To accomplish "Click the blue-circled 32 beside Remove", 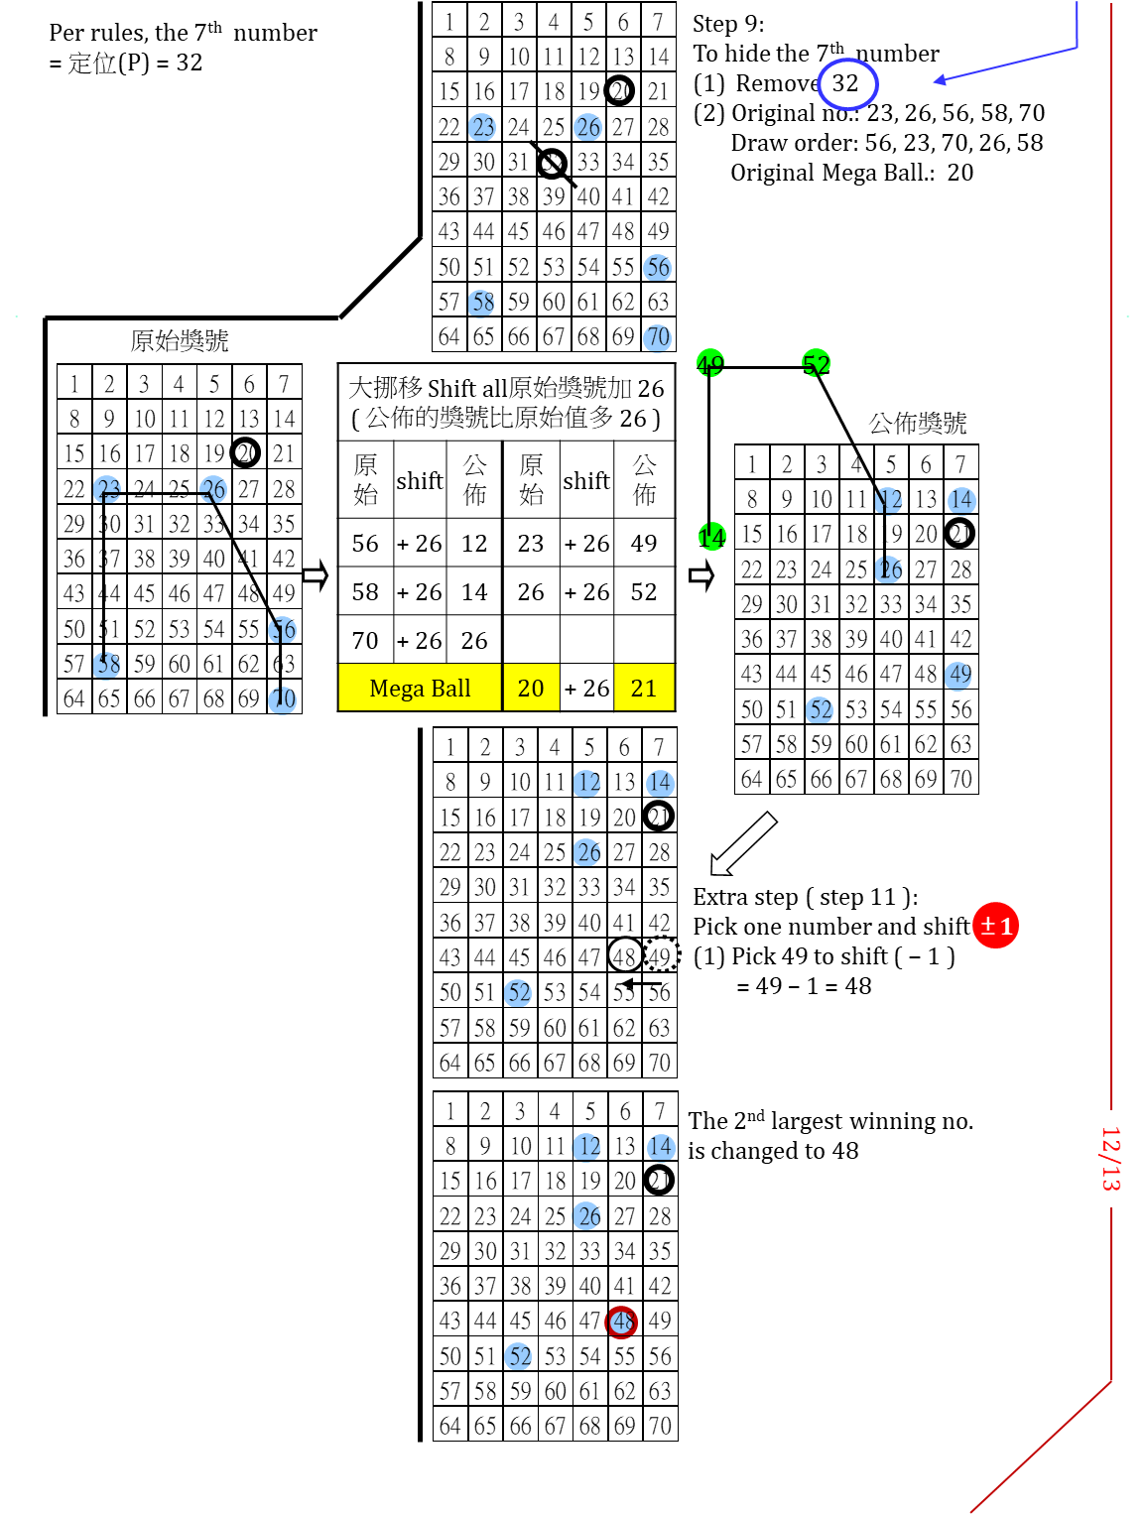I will [x=846, y=83].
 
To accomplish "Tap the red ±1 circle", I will [x=995, y=926].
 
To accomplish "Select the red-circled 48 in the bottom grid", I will [x=622, y=1322].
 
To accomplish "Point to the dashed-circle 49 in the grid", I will [x=661, y=956].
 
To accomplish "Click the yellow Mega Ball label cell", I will [x=420, y=689].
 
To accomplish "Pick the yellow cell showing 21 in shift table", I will [x=644, y=689].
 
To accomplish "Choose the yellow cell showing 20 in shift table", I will [x=531, y=689].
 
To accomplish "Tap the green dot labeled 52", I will [x=816, y=364].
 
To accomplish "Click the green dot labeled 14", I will [x=710, y=537].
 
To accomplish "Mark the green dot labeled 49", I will [x=709, y=364].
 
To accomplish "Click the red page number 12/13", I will [x=1110, y=1158].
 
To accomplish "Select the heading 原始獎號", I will [x=180, y=341].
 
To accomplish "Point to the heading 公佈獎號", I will [x=918, y=424].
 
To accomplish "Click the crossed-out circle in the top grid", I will [x=552, y=162].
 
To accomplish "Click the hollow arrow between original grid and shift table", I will [x=316, y=575].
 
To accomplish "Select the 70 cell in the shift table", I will [x=365, y=641].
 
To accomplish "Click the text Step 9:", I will [x=728, y=24].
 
